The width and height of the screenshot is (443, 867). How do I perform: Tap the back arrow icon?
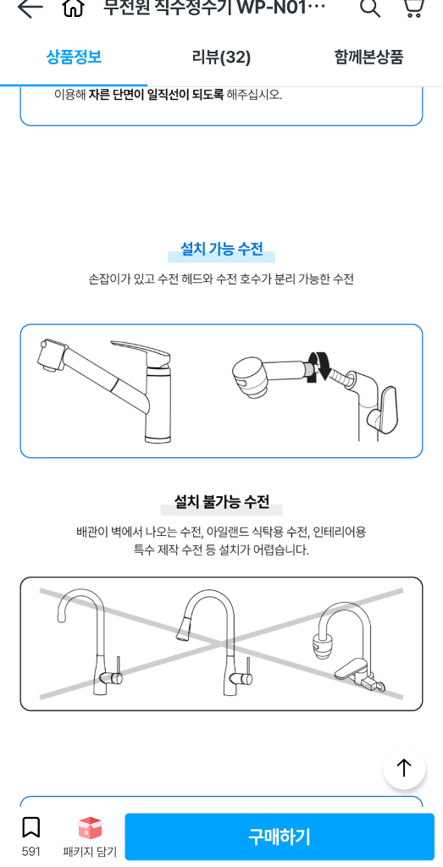30,8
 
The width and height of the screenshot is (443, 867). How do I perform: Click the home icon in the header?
74,8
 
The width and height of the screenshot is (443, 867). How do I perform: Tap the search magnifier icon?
369,8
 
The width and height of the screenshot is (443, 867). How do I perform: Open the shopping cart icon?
413,8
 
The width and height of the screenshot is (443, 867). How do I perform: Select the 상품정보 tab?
74,57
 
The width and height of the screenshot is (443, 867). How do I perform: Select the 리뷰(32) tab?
221,57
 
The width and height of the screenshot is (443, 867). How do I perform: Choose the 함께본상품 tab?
368,57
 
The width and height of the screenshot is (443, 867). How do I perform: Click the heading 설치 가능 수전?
221,250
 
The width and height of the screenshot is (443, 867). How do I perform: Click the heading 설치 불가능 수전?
221,502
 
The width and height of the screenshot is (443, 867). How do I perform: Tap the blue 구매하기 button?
280,837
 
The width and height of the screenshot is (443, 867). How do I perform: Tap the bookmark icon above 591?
31,827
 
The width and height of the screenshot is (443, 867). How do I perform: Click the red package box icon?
90,827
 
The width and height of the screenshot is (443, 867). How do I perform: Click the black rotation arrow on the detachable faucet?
319,366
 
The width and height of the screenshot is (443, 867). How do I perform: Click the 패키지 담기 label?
90,852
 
